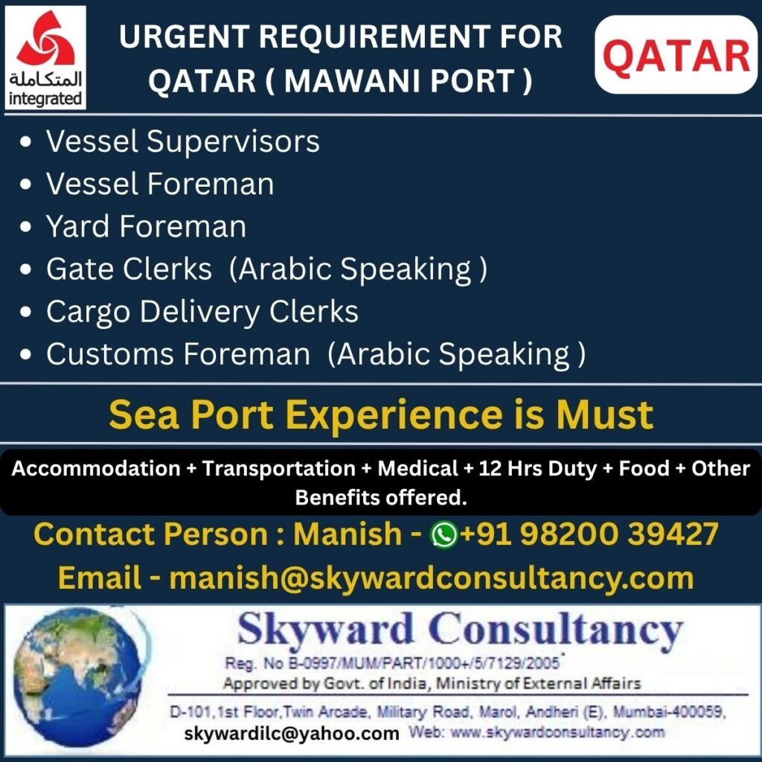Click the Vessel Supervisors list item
coord(182,141)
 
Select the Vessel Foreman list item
coord(160,184)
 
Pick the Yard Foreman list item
coord(146,226)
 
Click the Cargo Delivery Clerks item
coord(202,312)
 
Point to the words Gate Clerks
coord(129,269)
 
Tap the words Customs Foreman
coord(178,354)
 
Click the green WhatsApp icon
coord(444,535)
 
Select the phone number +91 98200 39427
coord(589,534)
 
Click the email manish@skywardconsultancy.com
coord(432,578)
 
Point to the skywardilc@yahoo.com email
coord(292,734)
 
